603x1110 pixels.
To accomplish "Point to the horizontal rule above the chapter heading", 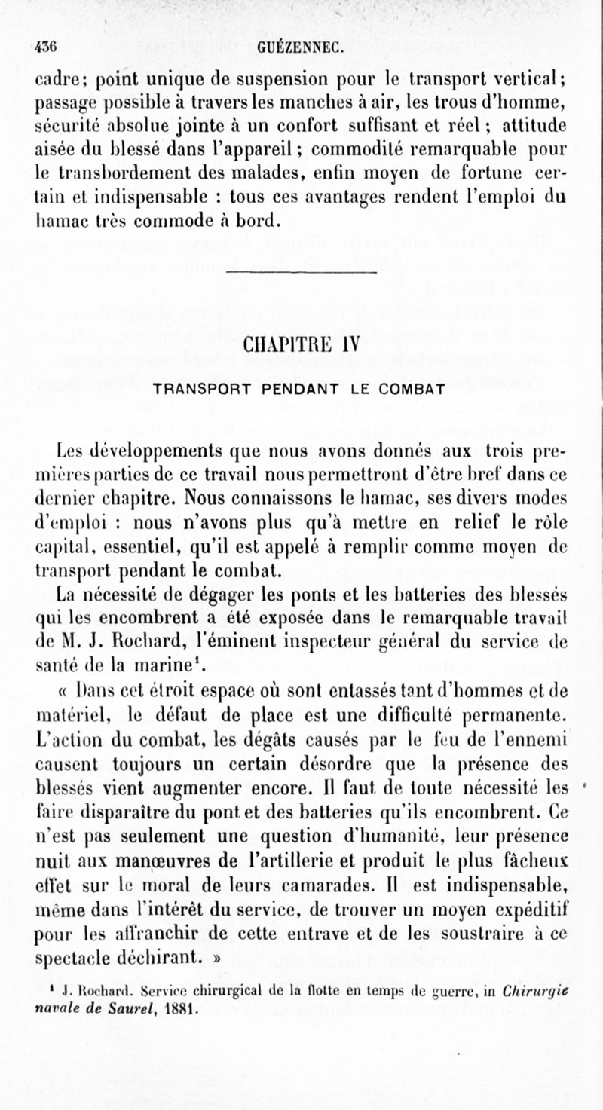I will click(301, 271).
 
